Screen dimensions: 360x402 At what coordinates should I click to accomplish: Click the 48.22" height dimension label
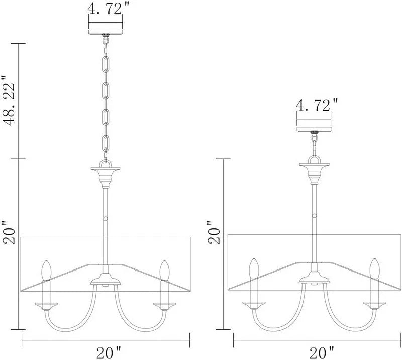[x=11, y=101]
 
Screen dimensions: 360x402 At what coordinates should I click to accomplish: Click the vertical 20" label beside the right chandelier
[x=215, y=232]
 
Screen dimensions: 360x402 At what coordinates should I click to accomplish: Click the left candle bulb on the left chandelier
[x=47, y=270]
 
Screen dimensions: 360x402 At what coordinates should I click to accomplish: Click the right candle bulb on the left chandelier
[x=164, y=270]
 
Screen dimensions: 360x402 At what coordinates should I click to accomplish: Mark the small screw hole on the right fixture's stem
[x=315, y=215]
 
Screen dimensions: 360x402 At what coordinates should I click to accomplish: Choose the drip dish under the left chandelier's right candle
[x=164, y=304]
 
